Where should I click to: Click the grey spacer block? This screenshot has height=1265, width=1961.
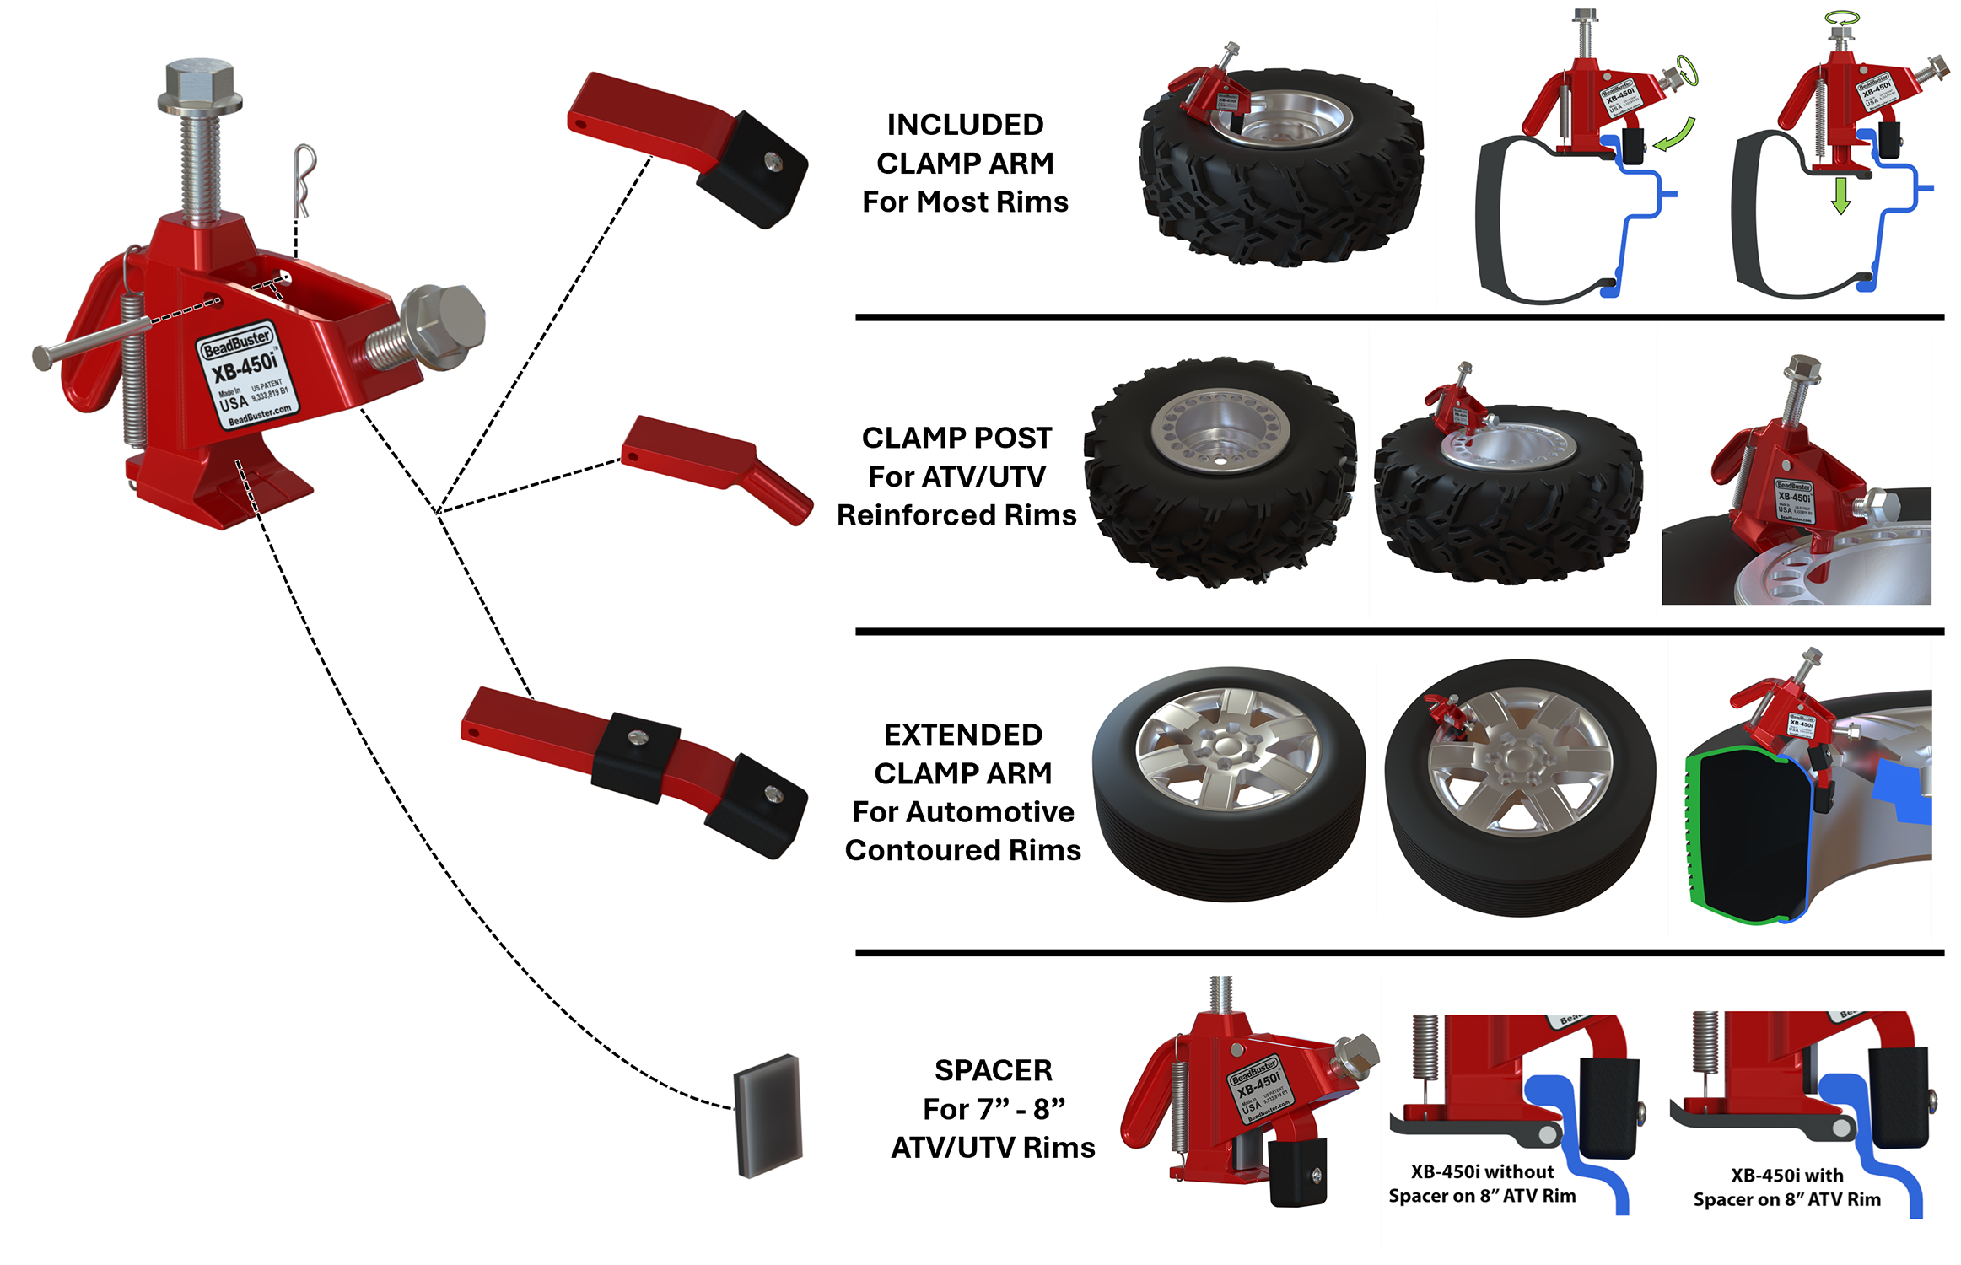coord(768,1115)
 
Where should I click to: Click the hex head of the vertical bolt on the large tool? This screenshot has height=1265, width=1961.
coord(200,85)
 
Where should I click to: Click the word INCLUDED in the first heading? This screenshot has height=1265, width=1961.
coord(965,125)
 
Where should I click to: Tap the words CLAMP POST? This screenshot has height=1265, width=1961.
coord(956,438)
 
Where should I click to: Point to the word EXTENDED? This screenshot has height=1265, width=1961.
coord(962,735)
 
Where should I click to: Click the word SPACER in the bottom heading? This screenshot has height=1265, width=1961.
coord(993,1070)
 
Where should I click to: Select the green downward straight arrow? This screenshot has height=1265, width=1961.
coord(1840,195)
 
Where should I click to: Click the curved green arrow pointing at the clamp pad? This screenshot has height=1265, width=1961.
coord(1676,136)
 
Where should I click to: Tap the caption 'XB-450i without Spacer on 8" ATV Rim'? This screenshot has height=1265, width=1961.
coord(1482,1183)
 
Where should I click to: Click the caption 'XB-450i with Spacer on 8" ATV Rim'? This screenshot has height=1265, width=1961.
coord(1786,1187)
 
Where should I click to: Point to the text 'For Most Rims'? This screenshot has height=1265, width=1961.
coord(965,202)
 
